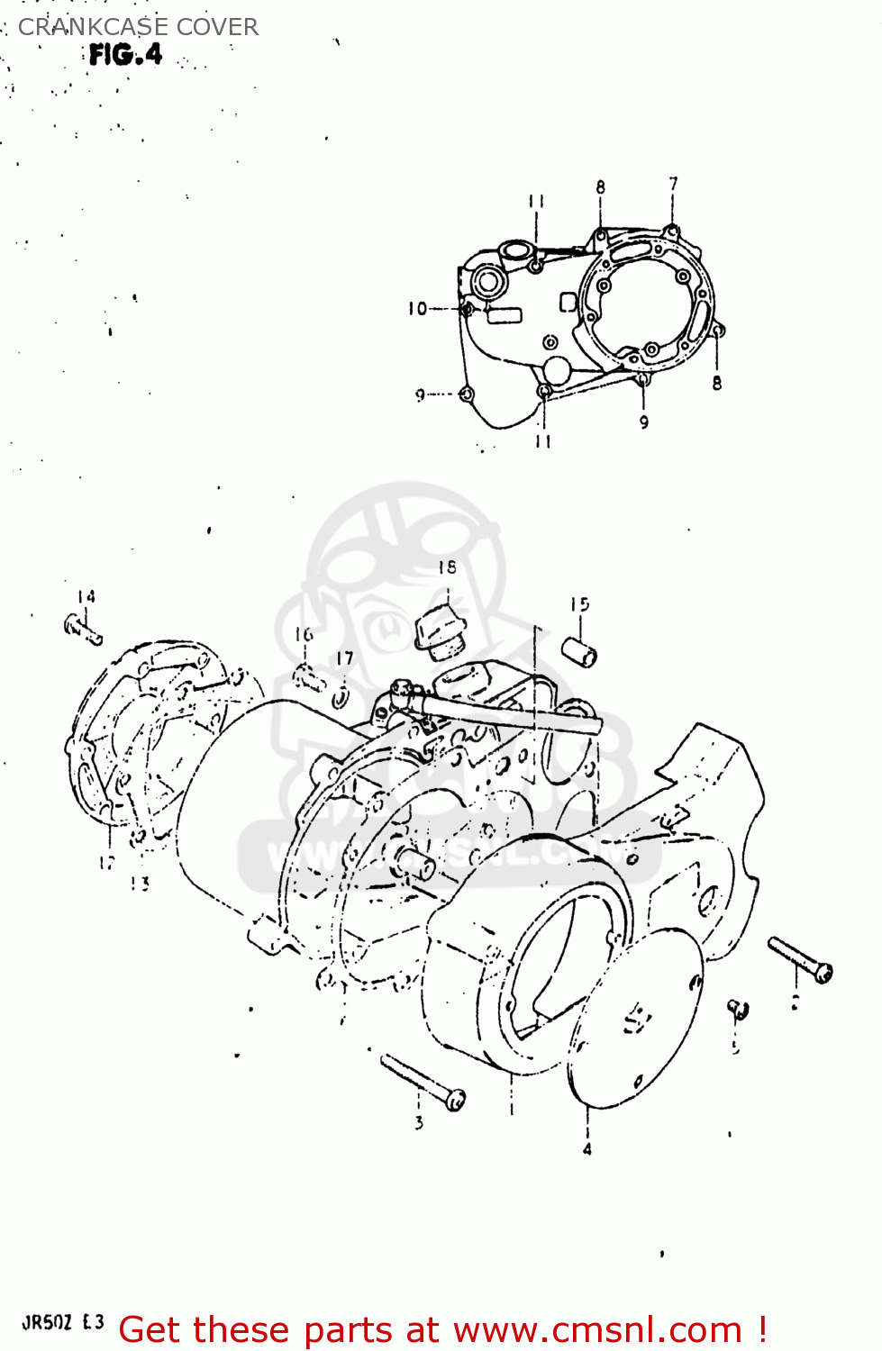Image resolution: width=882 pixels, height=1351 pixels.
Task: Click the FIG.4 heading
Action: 125,55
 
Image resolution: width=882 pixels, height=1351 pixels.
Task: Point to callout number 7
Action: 673,185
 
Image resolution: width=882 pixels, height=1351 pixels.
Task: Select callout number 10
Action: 417,309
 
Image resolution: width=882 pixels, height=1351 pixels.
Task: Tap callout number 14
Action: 86,596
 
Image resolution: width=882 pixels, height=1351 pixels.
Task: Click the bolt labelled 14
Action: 83,628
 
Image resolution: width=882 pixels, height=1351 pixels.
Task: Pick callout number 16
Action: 304,635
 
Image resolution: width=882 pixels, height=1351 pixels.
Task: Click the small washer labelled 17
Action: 341,696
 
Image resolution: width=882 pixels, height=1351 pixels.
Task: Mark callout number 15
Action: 579,604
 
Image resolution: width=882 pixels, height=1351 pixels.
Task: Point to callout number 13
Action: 139,884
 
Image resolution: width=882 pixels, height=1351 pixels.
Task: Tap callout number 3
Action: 419,1122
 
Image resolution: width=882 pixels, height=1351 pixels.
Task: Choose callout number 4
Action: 587,1148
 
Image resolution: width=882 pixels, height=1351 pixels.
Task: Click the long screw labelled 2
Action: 800,959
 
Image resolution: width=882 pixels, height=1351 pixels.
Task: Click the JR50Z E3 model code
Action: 63,1322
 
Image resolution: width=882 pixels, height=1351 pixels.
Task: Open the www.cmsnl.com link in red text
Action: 596,1329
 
